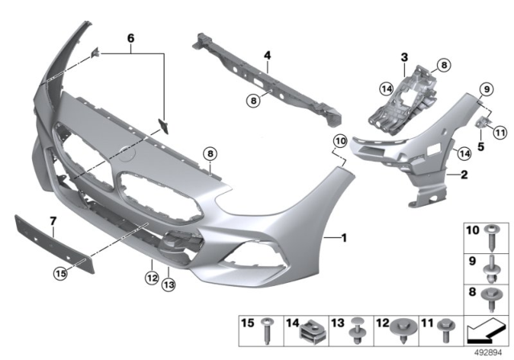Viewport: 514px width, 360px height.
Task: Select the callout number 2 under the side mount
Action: pyautogui.click(x=463, y=173)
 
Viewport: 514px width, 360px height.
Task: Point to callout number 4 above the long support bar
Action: pyautogui.click(x=267, y=55)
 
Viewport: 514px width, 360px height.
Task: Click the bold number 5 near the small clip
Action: pyautogui.click(x=481, y=147)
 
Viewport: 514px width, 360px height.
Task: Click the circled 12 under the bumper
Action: pyautogui.click(x=150, y=278)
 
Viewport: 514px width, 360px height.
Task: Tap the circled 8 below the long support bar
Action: pyautogui.click(x=253, y=100)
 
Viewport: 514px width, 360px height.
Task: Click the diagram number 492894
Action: pyautogui.click(x=491, y=351)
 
